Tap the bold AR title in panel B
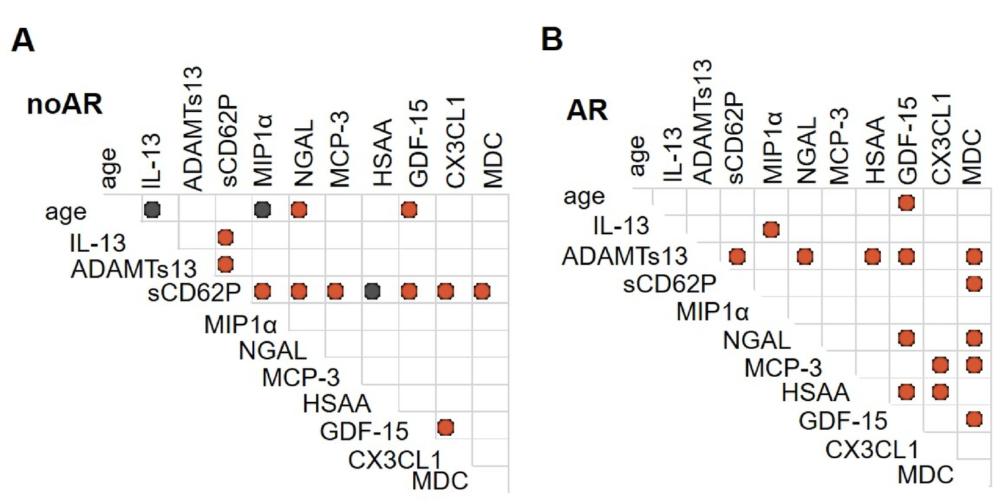pos(589,111)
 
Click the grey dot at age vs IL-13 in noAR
pos(152,210)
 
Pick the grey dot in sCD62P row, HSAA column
pos(372,292)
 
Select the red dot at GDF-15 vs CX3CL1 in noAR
pos(445,427)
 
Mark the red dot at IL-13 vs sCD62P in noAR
pos(226,237)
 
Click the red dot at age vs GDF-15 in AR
pos(905,202)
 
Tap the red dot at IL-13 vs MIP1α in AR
pos(771,229)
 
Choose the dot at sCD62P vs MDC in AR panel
pos(974,283)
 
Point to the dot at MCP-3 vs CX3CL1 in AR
pos(940,365)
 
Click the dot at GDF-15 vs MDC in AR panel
pos(974,419)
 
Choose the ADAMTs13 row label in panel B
pos(625,257)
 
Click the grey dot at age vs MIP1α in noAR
pos(262,210)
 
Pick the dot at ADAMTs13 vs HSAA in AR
pos(872,257)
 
